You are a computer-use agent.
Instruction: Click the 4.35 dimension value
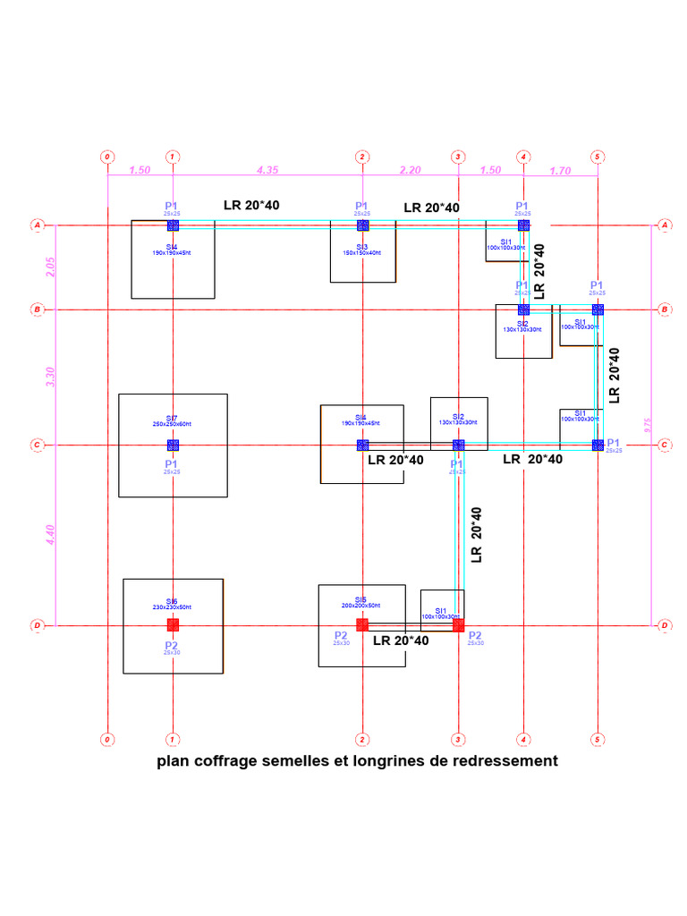click(x=267, y=169)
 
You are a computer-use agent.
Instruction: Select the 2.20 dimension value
click(x=410, y=169)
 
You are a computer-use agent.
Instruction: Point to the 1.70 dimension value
click(x=560, y=170)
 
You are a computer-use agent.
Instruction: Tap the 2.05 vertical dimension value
click(x=51, y=267)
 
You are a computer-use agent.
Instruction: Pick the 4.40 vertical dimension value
click(x=51, y=534)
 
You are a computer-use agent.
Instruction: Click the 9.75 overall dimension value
click(x=649, y=425)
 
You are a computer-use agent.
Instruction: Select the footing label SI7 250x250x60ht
click(x=172, y=420)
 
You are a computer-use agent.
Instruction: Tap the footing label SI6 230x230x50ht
click(x=172, y=604)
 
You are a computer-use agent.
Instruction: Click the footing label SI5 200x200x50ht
click(x=361, y=602)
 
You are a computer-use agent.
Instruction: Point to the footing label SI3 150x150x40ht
click(x=361, y=250)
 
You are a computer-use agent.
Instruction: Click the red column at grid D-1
click(x=173, y=624)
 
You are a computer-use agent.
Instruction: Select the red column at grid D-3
click(x=458, y=625)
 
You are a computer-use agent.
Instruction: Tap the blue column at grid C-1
click(x=173, y=445)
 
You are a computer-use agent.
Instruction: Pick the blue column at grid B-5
click(x=598, y=310)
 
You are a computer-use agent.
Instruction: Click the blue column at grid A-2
click(x=362, y=225)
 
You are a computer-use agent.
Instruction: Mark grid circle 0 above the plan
click(x=107, y=157)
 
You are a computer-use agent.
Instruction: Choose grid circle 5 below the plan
click(x=597, y=739)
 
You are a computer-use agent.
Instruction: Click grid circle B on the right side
click(x=665, y=310)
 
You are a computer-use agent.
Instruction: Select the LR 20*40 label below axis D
click(x=401, y=640)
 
